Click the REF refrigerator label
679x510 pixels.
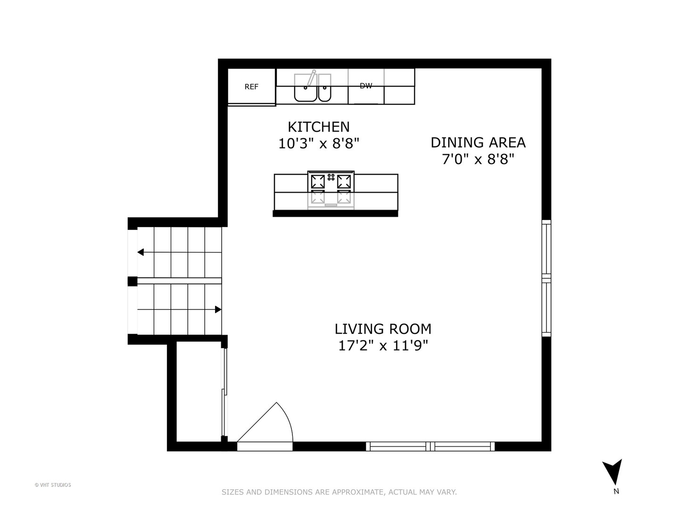[251, 87]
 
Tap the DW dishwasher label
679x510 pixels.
[366, 86]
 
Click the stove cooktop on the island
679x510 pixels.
[331, 182]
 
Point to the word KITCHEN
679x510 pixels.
[319, 127]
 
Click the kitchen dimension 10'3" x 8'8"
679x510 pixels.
[319, 144]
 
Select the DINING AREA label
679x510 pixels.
[478, 143]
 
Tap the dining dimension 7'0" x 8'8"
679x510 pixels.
[478, 160]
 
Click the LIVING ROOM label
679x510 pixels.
[383, 329]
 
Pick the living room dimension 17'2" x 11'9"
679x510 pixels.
[383, 346]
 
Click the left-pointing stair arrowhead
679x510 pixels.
[141, 252]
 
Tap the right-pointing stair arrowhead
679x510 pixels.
[218, 310]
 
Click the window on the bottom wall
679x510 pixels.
[430, 446]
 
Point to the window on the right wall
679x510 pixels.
[546, 278]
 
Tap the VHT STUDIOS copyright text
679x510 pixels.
[53, 485]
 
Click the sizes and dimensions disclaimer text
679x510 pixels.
[339, 492]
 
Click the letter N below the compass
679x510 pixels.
[616, 492]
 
